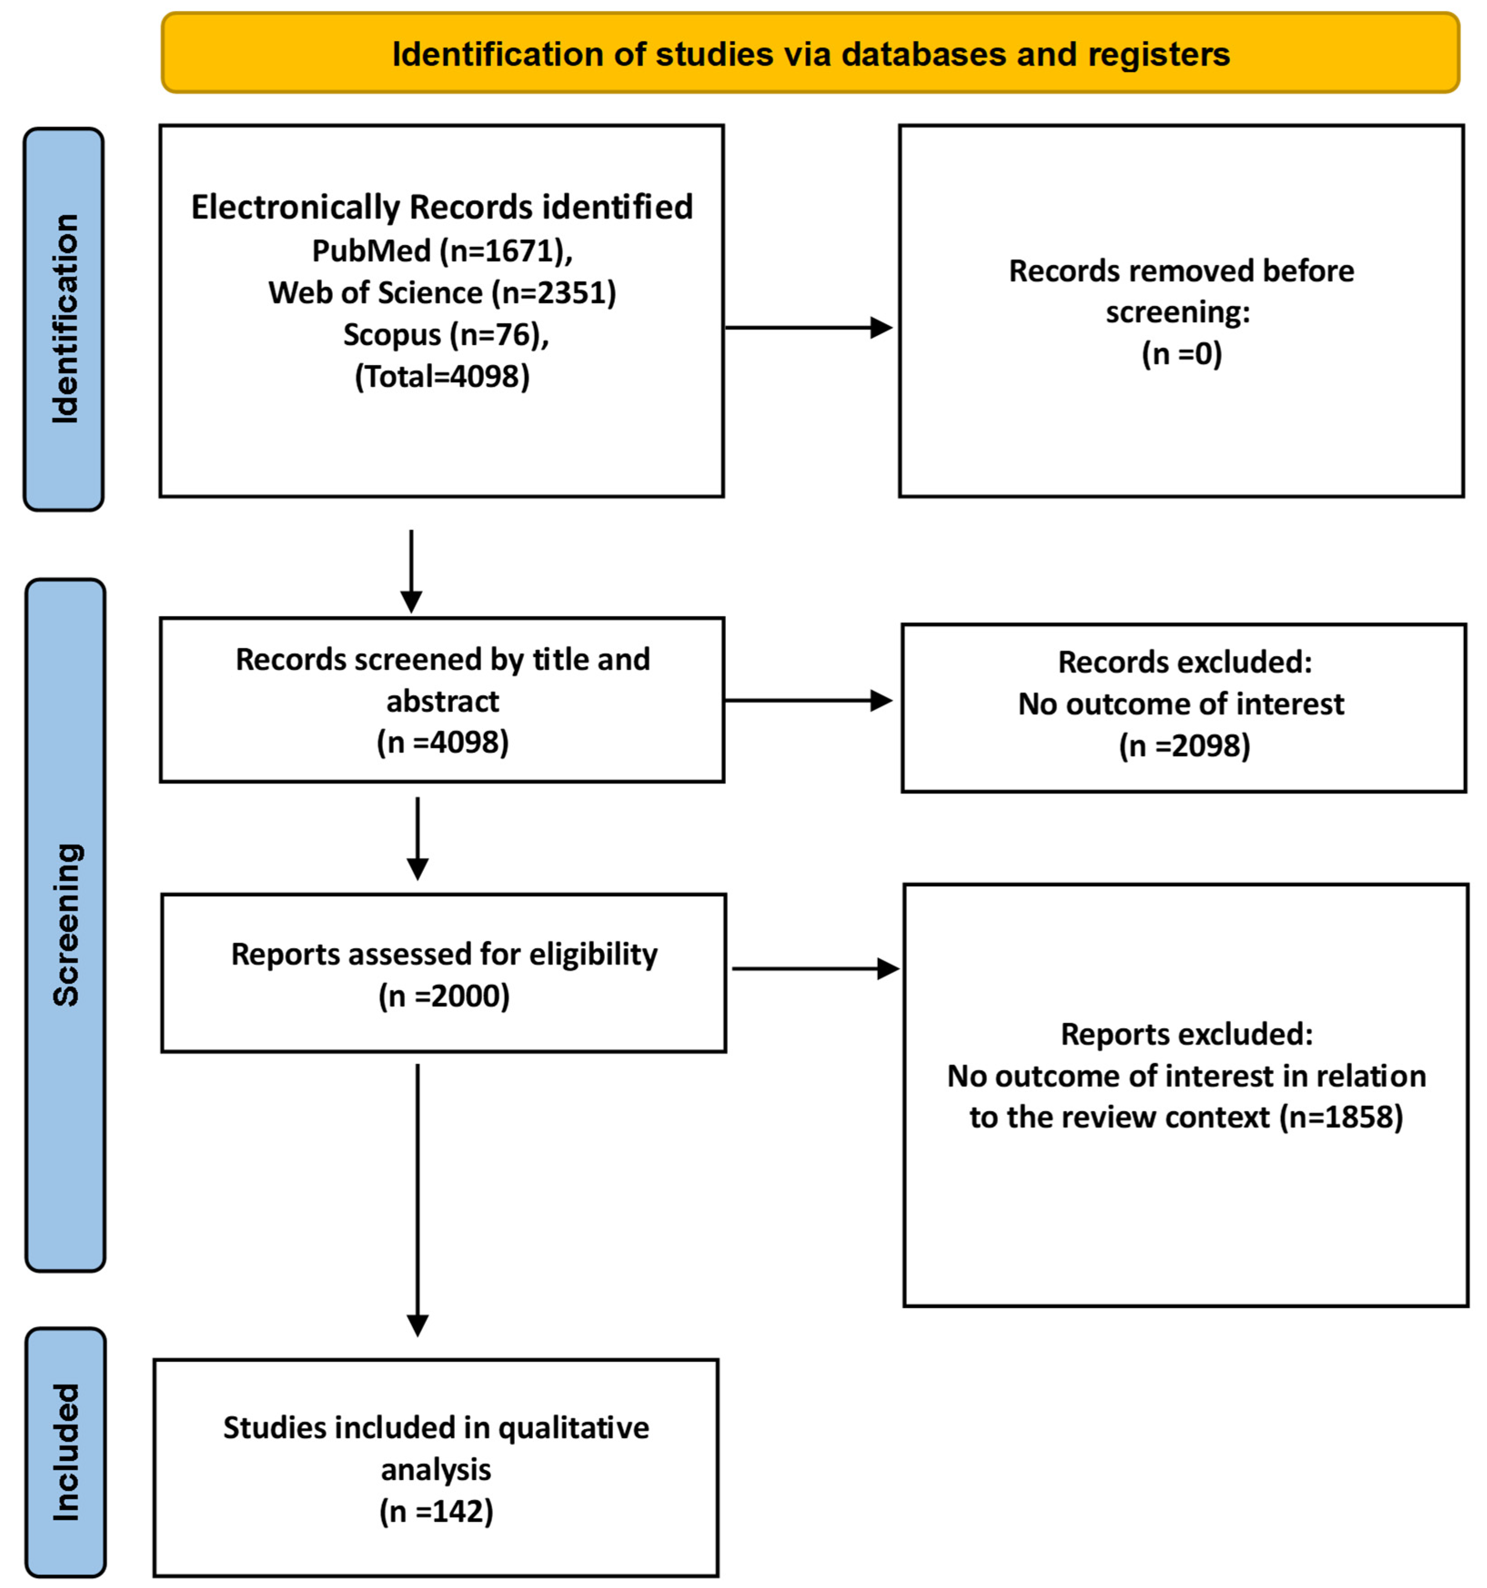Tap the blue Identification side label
pyautogui.click(x=64, y=319)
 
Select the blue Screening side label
pyautogui.click(x=65, y=924)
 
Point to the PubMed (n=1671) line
pyautogui.click(x=442, y=251)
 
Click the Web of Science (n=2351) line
pyautogui.click(x=442, y=292)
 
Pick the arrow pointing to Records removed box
pyautogui.click(x=807, y=328)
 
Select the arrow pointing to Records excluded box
pyautogui.click(x=807, y=701)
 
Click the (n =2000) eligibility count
pyautogui.click(x=443, y=996)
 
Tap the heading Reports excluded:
pyautogui.click(x=1186, y=1034)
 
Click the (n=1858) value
pyautogui.click(x=1341, y=1117)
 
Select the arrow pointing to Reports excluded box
pyautogui.click(x=814, y=969)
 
